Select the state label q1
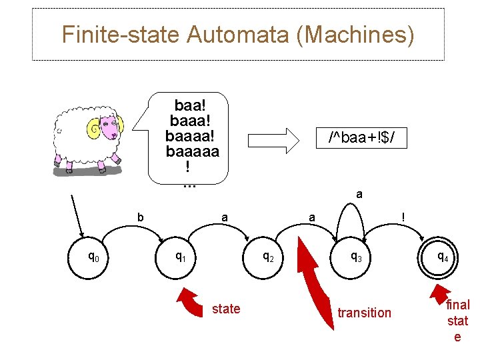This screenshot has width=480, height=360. [180, 255]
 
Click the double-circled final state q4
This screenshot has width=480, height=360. [442, 255]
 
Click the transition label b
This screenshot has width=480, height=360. [140, 217]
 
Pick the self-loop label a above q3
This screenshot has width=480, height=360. [359, 195]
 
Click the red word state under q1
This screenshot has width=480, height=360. [226, 309]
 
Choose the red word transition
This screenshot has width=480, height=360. [365, 313]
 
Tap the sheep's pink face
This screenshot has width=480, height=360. [113, 129]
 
